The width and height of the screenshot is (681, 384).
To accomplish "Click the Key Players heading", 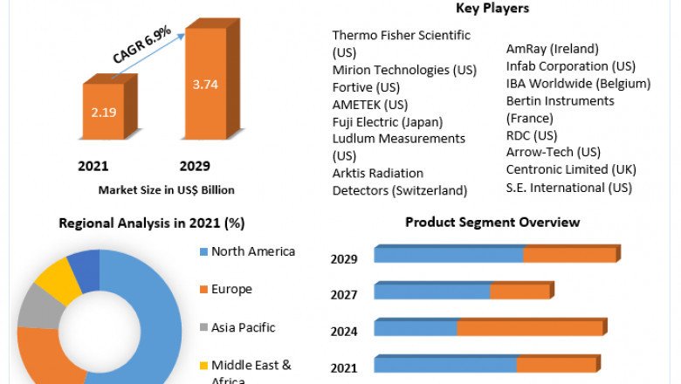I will pos(492,9).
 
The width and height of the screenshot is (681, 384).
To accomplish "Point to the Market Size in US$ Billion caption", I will pos(166,189).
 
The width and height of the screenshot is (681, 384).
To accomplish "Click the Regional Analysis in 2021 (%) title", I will pos(151,223).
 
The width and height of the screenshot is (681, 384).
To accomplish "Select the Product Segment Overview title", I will pos(492,223).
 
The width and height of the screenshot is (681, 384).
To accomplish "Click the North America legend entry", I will pos(252,251).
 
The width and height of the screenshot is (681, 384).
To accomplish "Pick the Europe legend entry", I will pos(230,289).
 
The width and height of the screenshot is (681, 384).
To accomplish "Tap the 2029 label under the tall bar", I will pos(195,167).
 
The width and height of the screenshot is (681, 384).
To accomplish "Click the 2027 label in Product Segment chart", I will pos(344,295).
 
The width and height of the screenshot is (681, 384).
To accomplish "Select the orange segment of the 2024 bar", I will pos(530,328).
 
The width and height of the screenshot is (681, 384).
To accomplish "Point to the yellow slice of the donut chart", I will pos(57,278).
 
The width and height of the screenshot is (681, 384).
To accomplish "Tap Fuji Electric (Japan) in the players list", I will pos(388,122).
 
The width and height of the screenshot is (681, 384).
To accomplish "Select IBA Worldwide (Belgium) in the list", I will pos(578,84).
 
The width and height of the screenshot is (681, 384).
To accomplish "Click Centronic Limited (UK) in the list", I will pos(571,169).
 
